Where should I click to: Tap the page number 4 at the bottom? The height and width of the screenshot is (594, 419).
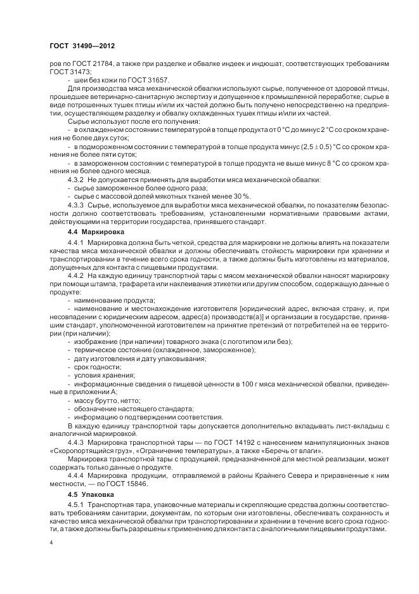(51, 543)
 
